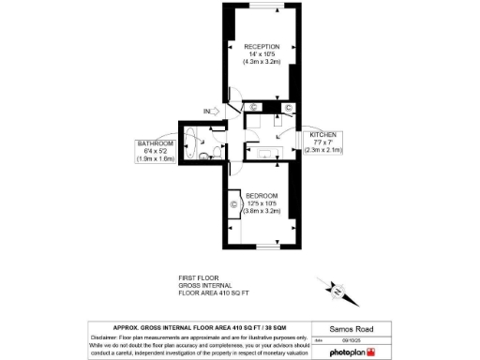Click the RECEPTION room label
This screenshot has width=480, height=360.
[262, 46]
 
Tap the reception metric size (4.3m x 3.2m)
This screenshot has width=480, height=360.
[262, 61]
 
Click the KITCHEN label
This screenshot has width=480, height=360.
[324, 135]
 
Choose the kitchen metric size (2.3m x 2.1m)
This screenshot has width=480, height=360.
[324, 150]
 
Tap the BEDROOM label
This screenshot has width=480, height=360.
[262, 195]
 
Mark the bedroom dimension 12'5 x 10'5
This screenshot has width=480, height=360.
[262, 203]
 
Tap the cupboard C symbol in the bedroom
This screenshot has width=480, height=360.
[232, 204]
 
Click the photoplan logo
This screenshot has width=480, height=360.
[352, 352]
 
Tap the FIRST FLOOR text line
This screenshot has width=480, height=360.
[198, 278]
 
